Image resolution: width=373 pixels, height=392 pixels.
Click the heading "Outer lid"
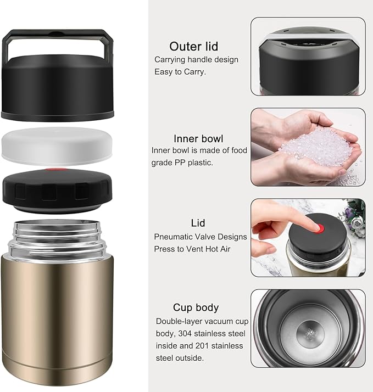pyautogui.click(x=193, y=46)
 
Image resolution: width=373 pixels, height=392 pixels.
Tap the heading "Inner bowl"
pyautogui.click(x=198, y=138)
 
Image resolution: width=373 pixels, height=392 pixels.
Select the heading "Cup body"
pyautogui.click(x=196, y=307)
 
